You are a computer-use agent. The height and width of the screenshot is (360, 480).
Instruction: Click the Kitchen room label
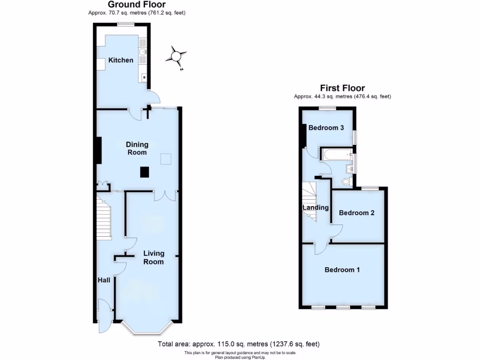pos(121,60)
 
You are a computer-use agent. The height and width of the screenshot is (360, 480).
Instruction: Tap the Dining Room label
pos(137,148)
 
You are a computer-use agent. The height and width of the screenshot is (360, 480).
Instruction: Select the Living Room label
pos(153,258)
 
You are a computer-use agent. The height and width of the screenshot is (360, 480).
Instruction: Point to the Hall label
pos(104,280)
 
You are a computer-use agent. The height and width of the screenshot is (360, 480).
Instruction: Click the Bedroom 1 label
pos(342,270)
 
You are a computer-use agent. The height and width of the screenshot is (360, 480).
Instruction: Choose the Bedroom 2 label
pos(357,212)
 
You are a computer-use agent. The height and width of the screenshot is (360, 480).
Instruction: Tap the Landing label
pos(315,208)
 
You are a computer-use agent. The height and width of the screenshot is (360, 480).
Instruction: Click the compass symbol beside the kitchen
pos(176,57)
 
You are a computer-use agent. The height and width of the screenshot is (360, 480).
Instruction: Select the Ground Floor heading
pos(137,5)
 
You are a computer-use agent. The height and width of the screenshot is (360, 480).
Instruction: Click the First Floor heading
pos(342,88)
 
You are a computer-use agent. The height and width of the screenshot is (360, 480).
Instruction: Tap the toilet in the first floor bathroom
pos(347,181)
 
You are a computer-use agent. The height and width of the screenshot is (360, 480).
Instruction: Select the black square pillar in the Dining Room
pos(145,172)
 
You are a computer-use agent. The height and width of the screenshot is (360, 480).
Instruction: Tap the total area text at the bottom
pos(240,344)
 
